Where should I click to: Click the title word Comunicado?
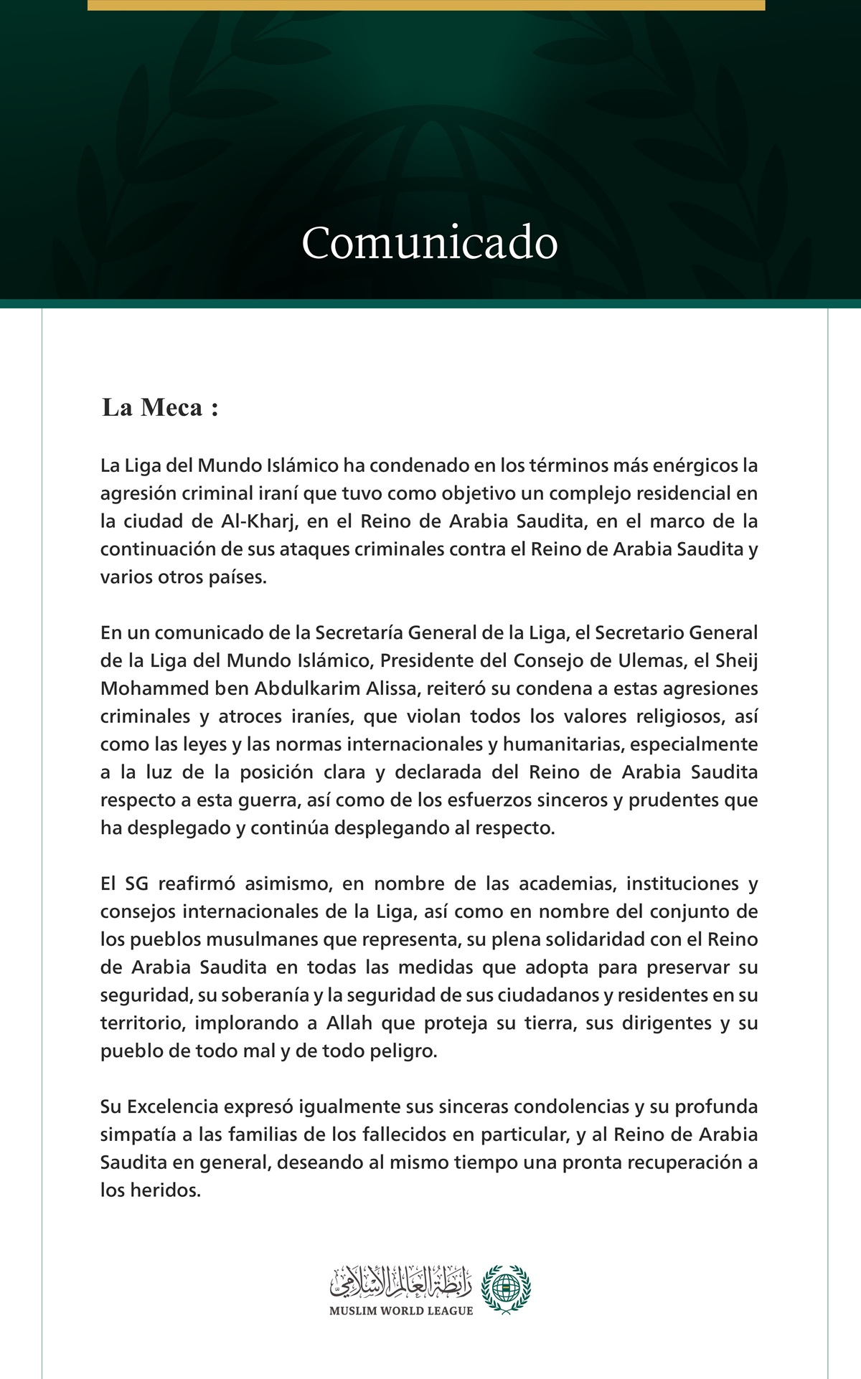(x=430, y=243)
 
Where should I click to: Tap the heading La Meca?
(x=159, y=407)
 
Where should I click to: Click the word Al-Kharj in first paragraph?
(x=259, y=521)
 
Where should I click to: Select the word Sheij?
(x=737, y=660)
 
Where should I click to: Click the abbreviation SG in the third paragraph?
(x=136, y=883)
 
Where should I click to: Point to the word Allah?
(x=349, y=1023)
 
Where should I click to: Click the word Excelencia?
(x=173, y=1106)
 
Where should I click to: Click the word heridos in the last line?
(x=165, y=1190)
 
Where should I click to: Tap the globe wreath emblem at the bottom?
(x=505, y=1289)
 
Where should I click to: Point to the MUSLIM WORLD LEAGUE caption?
(x=401, y=1311)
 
